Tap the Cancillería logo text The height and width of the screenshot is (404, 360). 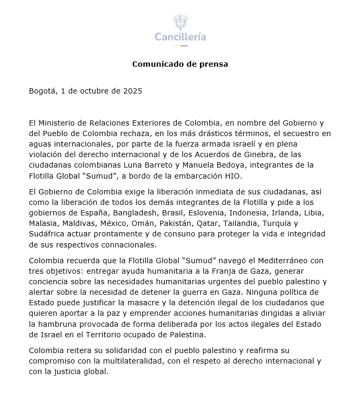click(180, 37)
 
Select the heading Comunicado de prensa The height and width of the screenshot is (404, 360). click(180, 65)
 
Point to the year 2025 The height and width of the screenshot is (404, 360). click(132, 91)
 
